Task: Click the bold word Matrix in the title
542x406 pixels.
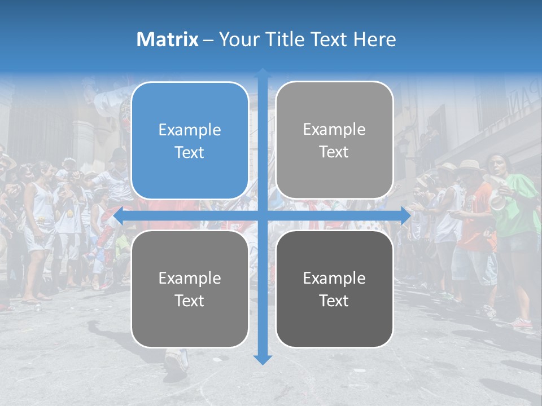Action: click(168, 39)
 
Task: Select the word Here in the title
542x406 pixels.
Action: click(375, 39)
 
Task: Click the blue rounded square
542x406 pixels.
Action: click(190, 140)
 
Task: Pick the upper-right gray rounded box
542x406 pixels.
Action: click(334, 140)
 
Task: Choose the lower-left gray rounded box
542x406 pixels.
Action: click(190, 289)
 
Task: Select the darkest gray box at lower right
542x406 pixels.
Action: click(334, 289)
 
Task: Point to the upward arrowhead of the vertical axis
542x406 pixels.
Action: click(262, 74)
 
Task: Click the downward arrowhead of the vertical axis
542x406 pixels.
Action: click(262, 359)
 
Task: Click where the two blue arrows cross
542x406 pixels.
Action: click(262, 216)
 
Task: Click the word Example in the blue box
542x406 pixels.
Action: click(190, 130)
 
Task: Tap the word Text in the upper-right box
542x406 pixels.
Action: click(334, 152)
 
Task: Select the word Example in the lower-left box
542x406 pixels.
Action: click(190, 278)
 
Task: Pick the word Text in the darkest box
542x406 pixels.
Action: click(334, 301)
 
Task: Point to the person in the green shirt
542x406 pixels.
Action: click(517, 209)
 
